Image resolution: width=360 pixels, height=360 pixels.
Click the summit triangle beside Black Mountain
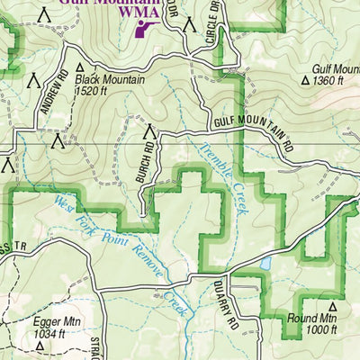pyautogui.click(x=79, y=67)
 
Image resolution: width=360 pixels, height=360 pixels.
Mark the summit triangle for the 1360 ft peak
pyautogui.click(x=305, y=80)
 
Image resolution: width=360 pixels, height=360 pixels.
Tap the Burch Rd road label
pyautogui.click(x=149, y=158)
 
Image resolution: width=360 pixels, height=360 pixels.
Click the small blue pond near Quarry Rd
pyautogui.click(x=266, y=264)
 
